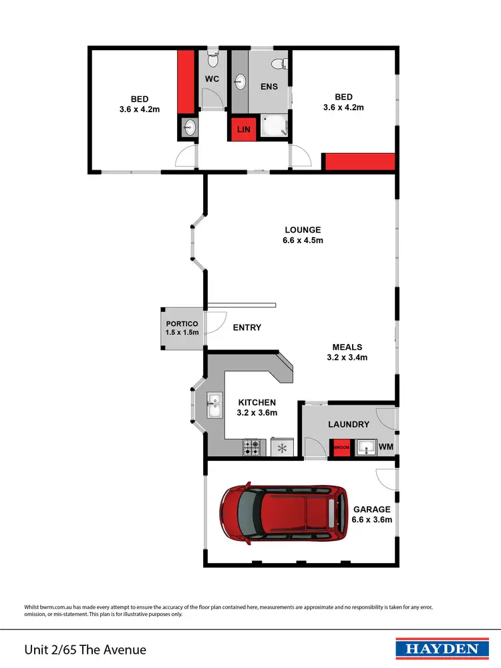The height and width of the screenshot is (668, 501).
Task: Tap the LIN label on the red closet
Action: coord(243,129)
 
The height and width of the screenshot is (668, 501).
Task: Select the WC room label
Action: coord(212,79)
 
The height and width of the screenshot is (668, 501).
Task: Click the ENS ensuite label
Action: coord(269,87)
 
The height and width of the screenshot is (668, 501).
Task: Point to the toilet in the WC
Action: coord(212,60)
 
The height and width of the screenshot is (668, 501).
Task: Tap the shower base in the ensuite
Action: coord(273,125)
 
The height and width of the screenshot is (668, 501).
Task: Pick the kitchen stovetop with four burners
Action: coord(252,447)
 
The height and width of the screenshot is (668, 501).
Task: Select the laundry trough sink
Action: coord(365,447)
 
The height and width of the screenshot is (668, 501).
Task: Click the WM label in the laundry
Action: coord(385,447)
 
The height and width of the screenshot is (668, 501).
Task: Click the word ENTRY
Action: coord(246,327)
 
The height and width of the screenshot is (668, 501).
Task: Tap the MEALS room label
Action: coord(347,347)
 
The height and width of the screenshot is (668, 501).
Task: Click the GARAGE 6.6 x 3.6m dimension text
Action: coord(371,520)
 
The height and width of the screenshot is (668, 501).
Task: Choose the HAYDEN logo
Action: coord(438,649)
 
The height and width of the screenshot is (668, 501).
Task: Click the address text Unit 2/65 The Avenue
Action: coord(85,649)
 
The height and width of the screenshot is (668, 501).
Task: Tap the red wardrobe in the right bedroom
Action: coord(359,162)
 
